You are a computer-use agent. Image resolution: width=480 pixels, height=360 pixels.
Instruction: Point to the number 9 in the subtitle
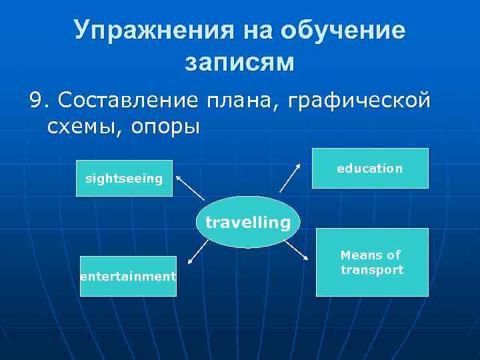pos(36,101)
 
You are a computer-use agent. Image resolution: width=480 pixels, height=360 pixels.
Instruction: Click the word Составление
pos(127,101)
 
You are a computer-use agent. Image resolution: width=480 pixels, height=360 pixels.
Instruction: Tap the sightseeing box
pos(124,178)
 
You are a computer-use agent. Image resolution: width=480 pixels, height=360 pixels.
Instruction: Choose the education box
pos(370,168)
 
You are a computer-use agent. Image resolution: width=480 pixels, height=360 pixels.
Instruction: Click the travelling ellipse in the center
pos(248,222)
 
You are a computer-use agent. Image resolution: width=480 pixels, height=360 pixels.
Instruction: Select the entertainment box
pos(128,276)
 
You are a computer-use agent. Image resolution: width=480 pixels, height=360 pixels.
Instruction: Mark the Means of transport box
pos(371,262)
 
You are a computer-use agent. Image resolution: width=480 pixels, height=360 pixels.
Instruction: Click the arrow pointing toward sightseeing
pos(190,187)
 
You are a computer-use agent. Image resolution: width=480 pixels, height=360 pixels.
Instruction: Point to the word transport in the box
pos(371,270)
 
